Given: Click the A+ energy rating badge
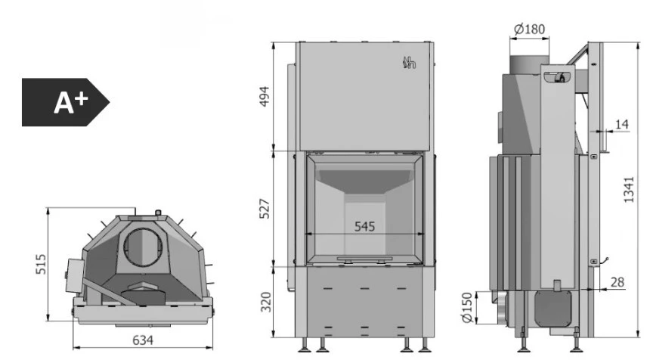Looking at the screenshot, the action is click(66, 102).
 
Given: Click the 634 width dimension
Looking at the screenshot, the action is click(143, 340).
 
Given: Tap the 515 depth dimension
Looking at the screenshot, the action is click(41, 264).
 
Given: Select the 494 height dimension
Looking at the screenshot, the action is click(265, 96).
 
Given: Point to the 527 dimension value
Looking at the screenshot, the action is click(265, 209).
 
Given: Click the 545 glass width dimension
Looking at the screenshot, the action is click(364, 227).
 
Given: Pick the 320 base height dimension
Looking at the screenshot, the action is click(266, 302).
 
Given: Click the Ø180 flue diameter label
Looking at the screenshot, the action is click(529, 29).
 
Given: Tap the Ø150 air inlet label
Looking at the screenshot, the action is click(467, 308).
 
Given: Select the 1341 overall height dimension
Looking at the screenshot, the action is click(628, 190).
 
